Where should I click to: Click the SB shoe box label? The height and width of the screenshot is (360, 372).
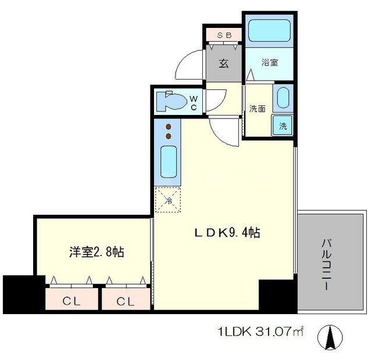224,35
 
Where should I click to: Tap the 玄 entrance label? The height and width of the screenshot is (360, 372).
224,63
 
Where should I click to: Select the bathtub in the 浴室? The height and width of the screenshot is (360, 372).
270,30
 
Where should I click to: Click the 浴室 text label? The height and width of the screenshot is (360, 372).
270,63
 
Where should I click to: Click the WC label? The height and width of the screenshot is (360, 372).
194,103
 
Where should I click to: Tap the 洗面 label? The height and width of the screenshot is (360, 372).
257,109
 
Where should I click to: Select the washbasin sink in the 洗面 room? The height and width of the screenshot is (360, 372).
283,98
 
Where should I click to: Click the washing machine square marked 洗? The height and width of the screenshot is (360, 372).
282,125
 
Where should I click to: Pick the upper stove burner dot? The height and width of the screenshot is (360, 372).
169,127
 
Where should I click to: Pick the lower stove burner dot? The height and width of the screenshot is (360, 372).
169,136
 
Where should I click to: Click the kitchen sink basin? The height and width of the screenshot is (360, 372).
169,161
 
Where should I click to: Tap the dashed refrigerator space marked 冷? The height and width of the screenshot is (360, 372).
168,200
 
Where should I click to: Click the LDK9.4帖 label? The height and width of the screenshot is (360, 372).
227,233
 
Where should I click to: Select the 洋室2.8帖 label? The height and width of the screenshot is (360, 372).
96,252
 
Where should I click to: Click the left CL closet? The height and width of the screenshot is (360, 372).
71,299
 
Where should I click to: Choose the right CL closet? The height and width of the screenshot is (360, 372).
126,299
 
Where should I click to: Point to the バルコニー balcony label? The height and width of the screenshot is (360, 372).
327,265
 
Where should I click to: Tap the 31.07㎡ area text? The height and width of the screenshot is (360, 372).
280,332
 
